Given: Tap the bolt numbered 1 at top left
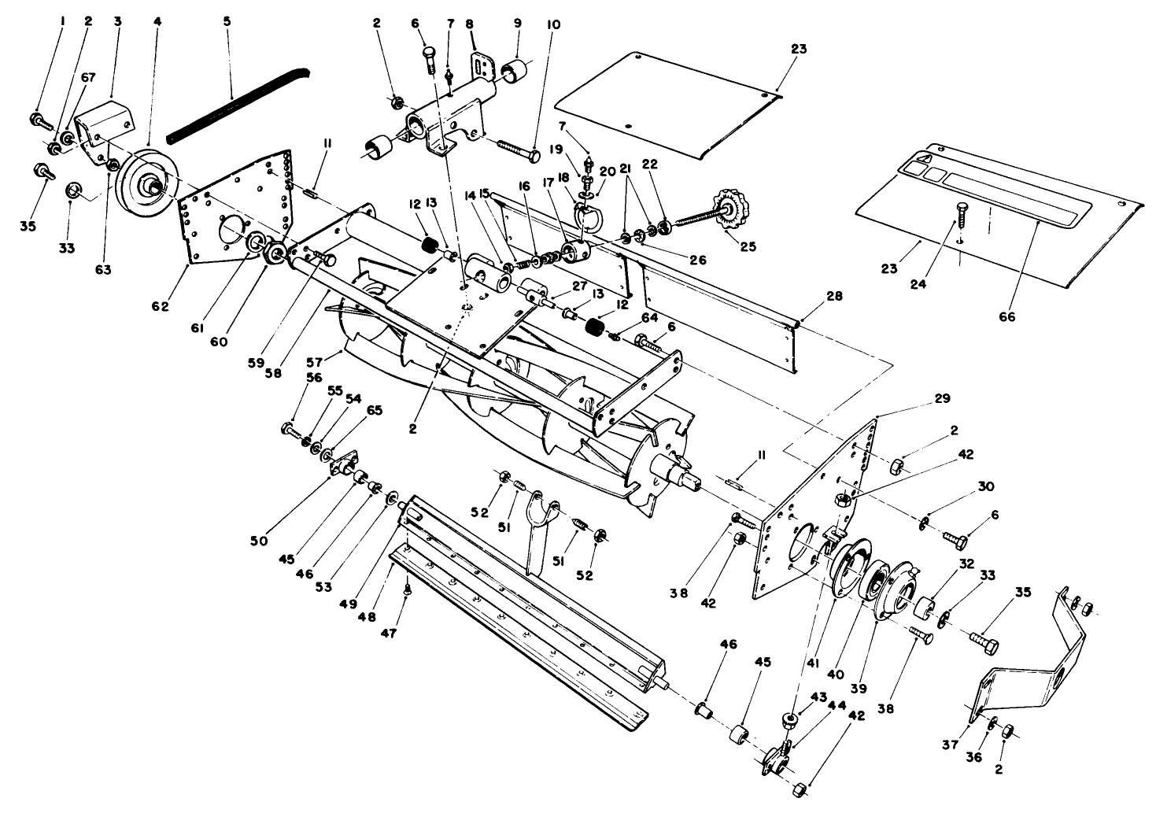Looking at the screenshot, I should [x=39, y=120].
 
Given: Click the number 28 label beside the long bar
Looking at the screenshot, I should [x=833, y=297].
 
